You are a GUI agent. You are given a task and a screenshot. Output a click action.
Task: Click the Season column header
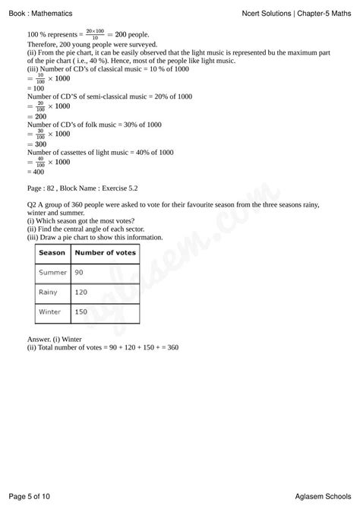[x=52, y=252]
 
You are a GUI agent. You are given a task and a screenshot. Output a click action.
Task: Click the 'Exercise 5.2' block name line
[x=83, y=186]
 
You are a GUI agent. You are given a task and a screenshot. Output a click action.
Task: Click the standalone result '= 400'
[x=38, y=171]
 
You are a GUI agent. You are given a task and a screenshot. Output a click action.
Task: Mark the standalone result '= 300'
[x=38, y=144]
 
